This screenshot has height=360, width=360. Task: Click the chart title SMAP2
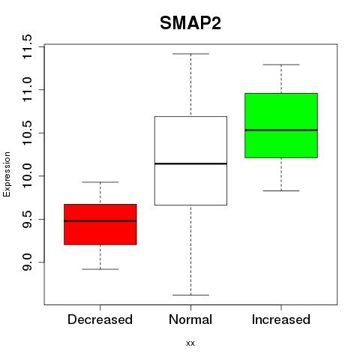[x=190, y=23]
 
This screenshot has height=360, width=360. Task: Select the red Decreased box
[x=100, y=224]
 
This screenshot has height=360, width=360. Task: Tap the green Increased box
[x=281, y=125]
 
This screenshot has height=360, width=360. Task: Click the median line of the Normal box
[x=190, y=163]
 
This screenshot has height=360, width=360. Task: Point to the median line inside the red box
[x=100, y=221]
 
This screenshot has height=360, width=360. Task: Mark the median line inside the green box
[x=281, y=130]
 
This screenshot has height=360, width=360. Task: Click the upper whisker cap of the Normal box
[x=190, y=54]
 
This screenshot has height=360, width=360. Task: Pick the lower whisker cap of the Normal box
[x=190, y=295]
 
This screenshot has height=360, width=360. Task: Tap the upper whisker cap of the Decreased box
[x=100, y=182]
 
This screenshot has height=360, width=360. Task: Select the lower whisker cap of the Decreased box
[x=100, y=269]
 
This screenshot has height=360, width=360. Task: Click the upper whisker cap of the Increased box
[x=281, y=64]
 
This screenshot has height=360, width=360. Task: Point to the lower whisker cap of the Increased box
[x=281, y=190]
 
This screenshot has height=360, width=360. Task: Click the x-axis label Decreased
[x=100, y=319]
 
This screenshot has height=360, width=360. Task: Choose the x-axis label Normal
[x=190, y=319]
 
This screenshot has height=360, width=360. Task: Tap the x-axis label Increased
[x=281, y=319]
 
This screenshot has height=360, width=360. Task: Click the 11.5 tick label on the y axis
[x=27, y=46]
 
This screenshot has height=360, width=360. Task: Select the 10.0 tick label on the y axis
[x=27, y=176]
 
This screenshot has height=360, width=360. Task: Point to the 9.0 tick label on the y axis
[x=27, y=262]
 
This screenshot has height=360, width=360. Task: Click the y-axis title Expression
[x=7, y=174]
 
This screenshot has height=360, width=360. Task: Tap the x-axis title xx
[x=190, y=343]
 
